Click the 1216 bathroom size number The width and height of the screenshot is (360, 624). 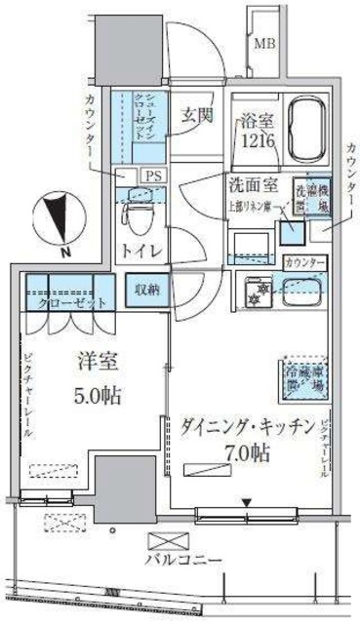coord(257,142)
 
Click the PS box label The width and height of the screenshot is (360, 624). coord(152,175)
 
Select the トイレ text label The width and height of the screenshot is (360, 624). coord(140,250)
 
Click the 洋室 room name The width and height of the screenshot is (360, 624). coord(98,363)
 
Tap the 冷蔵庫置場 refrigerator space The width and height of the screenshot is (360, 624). coord(304,378)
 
